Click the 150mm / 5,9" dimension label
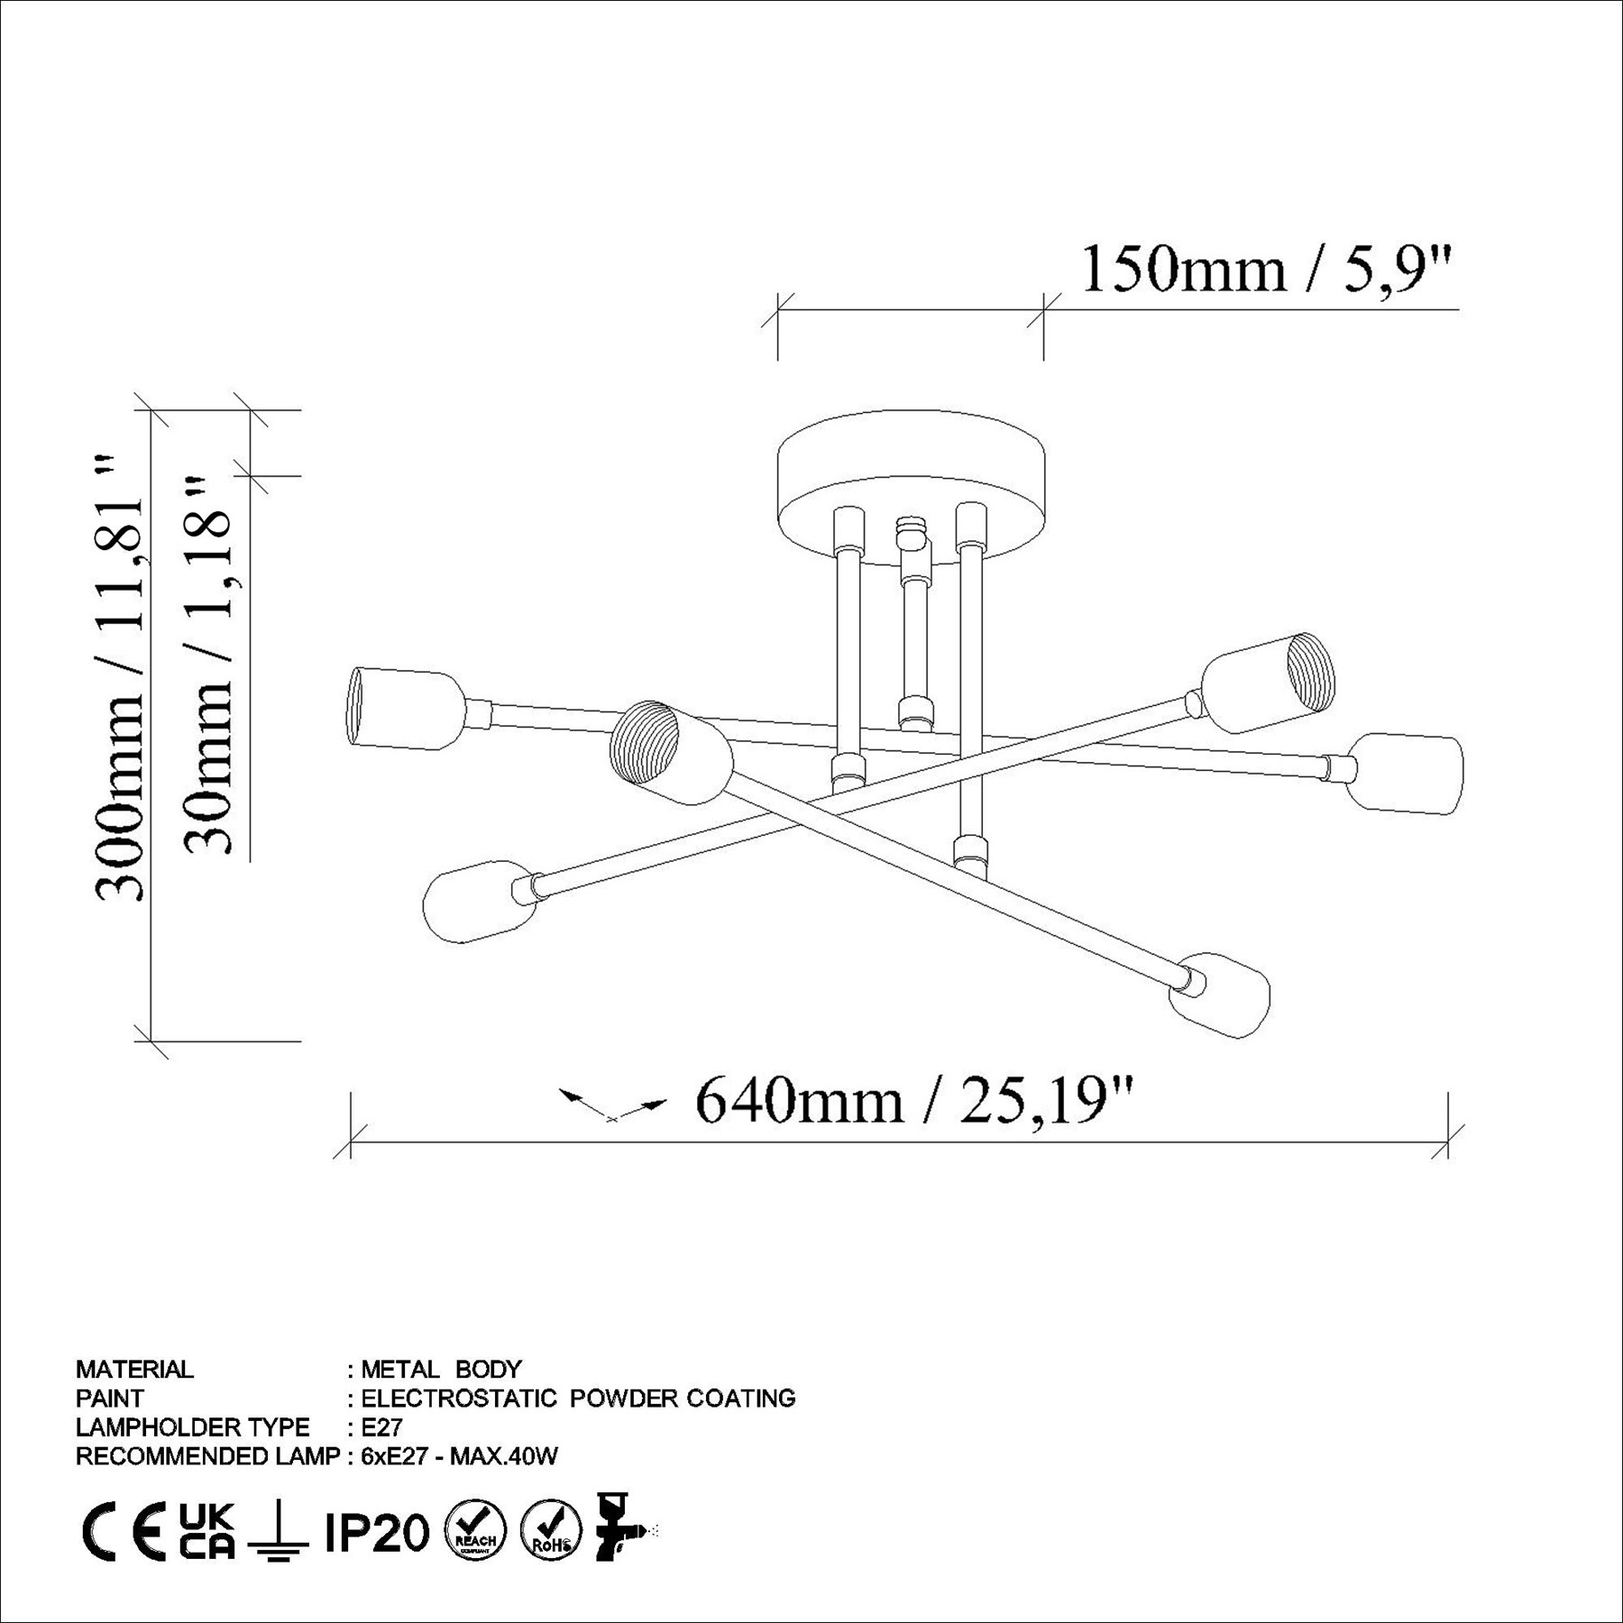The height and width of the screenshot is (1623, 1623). point(1267,269)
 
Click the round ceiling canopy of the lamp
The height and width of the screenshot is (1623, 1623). point(911,488)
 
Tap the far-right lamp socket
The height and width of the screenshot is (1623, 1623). point(1405,774)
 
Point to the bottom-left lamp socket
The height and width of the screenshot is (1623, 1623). point(478,901)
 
